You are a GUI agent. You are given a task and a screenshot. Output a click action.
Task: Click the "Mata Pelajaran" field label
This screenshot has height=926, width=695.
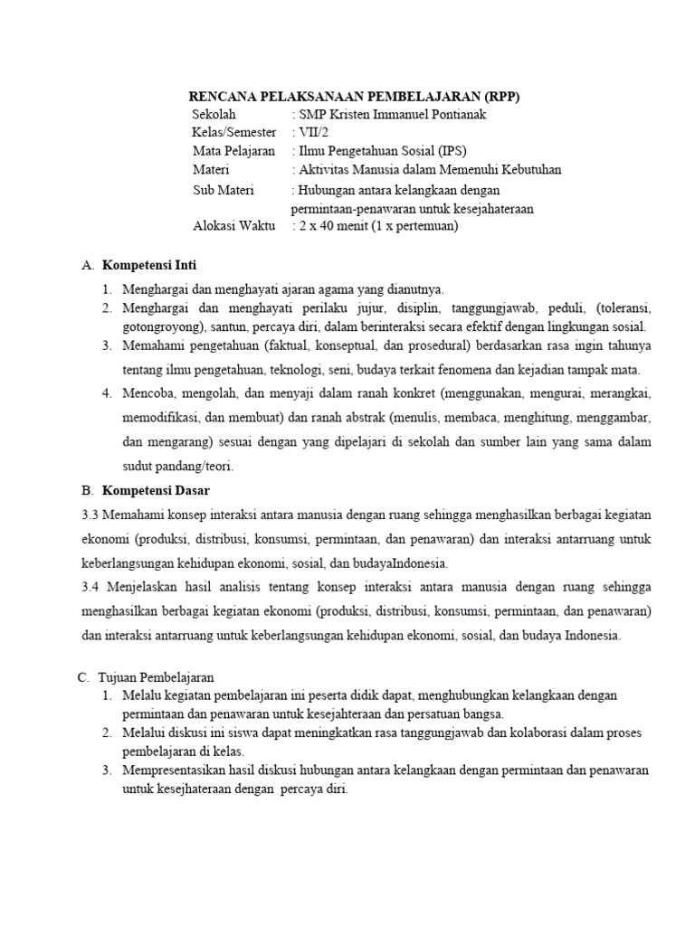pos(233,151)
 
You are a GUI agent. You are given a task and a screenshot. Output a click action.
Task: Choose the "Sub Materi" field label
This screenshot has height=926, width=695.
pos(224,190)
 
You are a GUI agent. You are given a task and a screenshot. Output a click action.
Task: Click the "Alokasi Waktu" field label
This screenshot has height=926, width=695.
pos(234,226)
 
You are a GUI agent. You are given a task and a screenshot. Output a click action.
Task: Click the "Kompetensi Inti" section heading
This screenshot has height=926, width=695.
pos(149,265)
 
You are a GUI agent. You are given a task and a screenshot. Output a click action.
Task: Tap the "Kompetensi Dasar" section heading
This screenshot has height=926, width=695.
pos(156,490)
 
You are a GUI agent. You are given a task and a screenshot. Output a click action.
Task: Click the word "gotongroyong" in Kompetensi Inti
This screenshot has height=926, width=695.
pos(164,326)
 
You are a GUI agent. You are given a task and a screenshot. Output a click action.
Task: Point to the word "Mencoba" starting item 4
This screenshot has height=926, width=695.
pos(148,393)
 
